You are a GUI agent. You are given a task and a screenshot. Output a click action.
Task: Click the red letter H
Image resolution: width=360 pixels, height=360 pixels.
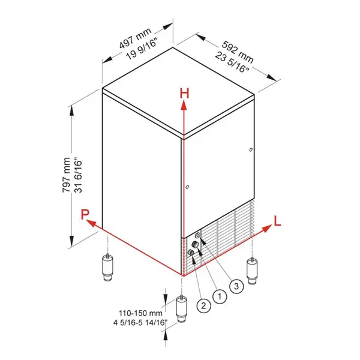[x=185, y=93]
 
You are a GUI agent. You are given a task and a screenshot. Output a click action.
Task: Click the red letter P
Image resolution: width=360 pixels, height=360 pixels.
[x=86, y=214]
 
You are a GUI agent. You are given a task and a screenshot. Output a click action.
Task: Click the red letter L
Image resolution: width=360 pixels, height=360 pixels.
[x=277, y=220]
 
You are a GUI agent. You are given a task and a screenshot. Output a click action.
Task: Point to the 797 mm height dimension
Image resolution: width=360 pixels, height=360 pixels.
[x=66, y=175]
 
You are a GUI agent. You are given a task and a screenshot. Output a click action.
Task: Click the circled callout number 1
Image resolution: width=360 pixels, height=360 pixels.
[x=220, y=295]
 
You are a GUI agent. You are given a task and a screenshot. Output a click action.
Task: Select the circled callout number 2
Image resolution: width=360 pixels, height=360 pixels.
[x=204, y=305]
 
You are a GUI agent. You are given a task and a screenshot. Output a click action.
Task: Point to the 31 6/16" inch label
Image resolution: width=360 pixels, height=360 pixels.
[x=78, y=175]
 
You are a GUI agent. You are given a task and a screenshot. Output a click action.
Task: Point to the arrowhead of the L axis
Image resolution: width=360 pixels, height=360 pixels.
[x=265, y=229]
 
